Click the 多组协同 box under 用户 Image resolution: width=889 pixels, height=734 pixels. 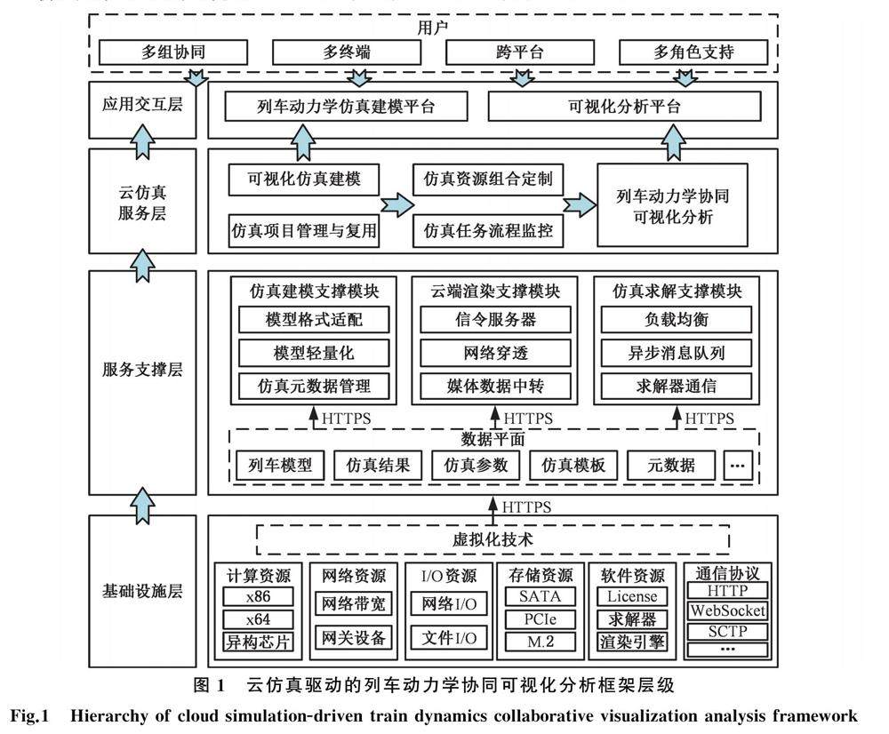pos(153,52)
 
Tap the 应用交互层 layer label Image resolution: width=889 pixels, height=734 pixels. pos(142,106)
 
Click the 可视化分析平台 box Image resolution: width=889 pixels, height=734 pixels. pos(624,108)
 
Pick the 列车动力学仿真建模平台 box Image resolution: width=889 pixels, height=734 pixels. pos(346,108)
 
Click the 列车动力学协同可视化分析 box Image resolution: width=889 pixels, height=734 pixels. pos(672,205)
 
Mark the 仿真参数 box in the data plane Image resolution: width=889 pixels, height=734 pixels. pos(476,465)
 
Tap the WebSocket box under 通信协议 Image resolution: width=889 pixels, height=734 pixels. pos(727,611)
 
